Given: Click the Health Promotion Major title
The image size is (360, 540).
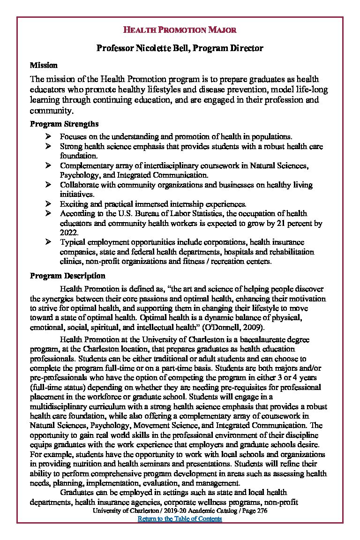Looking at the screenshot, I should click(180, 30).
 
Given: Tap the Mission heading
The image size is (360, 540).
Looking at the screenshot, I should click(44, 65).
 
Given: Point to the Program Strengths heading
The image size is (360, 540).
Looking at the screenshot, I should click(64, 124).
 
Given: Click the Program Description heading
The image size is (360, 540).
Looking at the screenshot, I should click(67, 276).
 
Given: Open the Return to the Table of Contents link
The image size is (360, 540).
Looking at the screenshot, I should click(180, 519).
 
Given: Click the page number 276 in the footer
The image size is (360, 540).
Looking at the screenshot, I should click(262, 511).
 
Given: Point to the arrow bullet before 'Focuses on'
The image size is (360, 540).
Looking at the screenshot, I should click(48, 136).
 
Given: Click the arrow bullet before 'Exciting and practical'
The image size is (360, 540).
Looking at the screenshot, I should click(48, 204).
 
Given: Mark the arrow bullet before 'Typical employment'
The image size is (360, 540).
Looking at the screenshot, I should click(48, 242).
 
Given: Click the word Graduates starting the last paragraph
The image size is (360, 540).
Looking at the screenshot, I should click(77, 492).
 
